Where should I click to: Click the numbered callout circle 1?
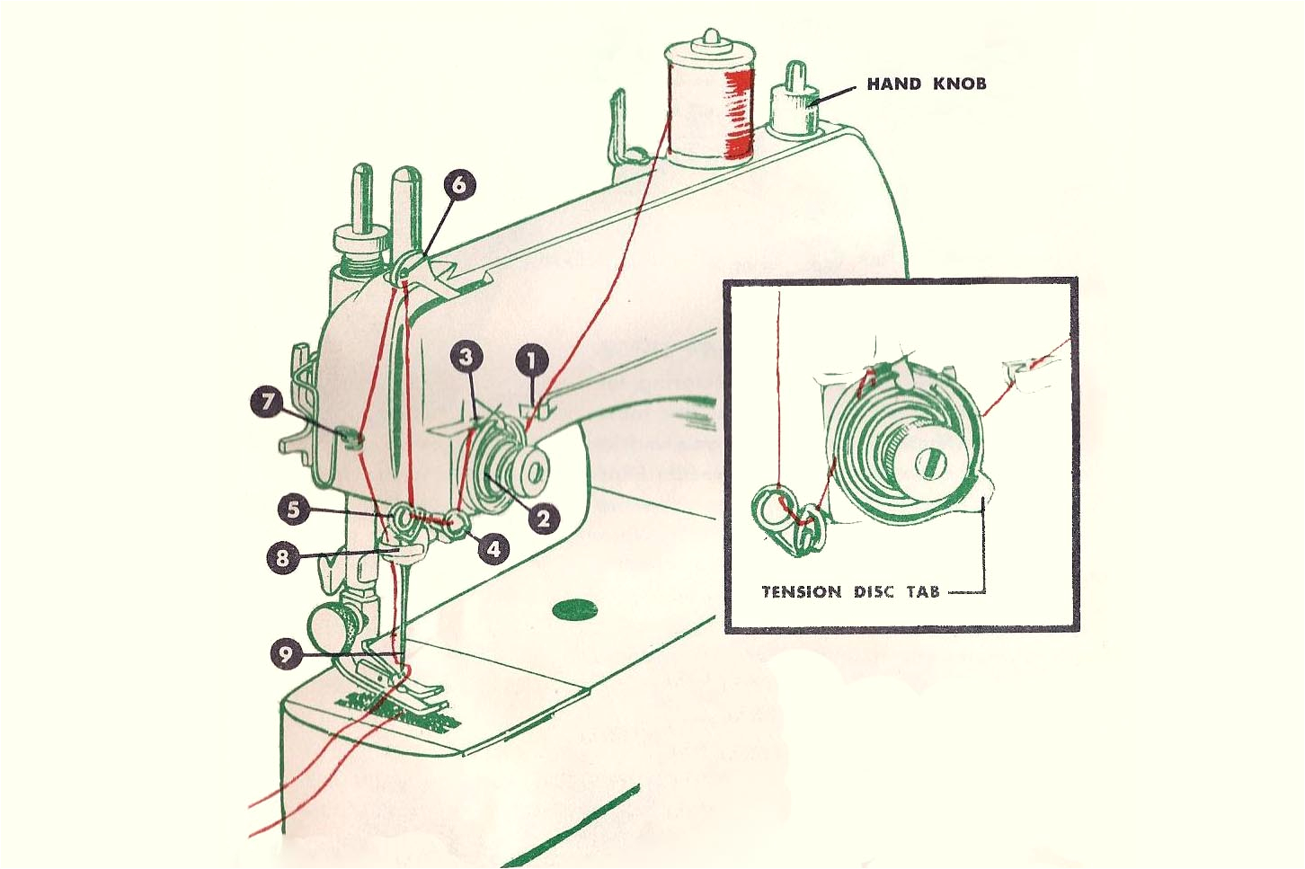point(532,361)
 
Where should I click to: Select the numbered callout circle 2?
point(543,519)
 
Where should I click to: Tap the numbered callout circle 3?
point(466,357)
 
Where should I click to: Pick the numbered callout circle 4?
point(493,548)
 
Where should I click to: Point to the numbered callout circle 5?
point(293,510)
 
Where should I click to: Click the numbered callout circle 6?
point(458,185)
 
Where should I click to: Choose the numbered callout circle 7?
point(267,402)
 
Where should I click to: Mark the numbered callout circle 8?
point(282,558)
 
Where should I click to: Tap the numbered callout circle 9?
point(286,653)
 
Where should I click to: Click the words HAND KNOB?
point(926,84)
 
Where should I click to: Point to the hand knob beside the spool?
point(795,101)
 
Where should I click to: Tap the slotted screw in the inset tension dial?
point(930,463)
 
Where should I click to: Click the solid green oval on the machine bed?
point(574,610)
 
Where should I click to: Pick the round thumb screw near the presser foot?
point(330,625)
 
